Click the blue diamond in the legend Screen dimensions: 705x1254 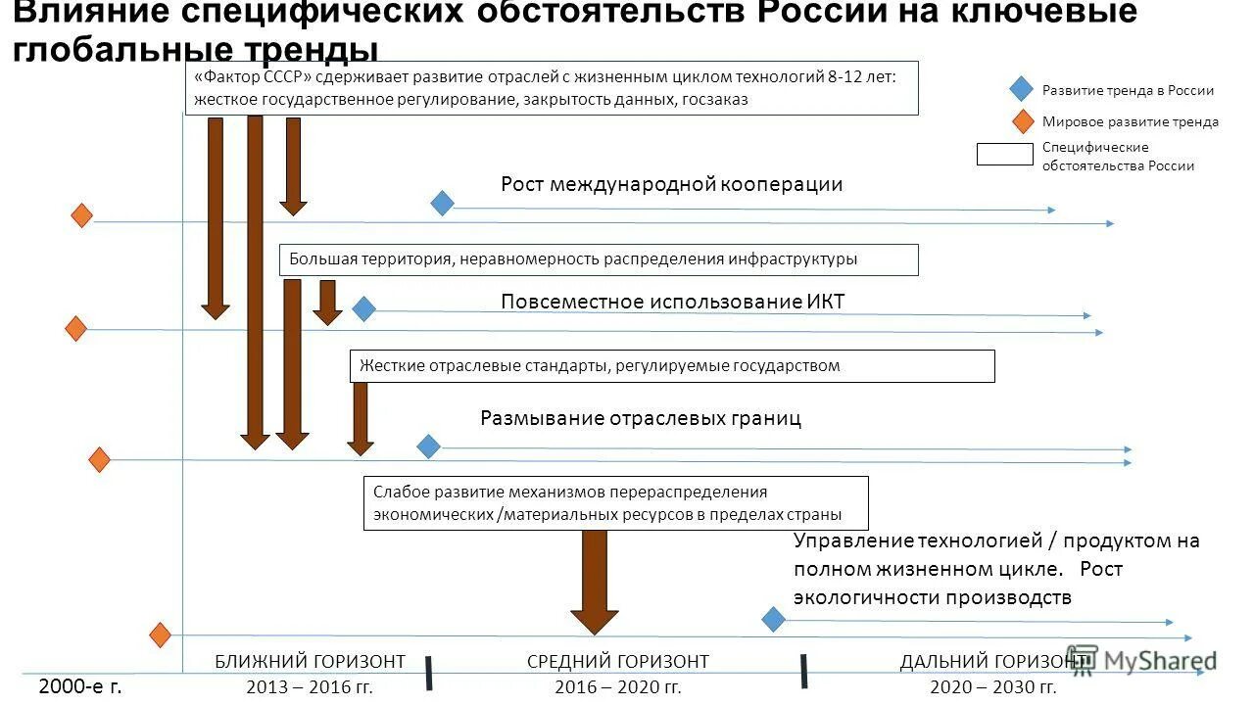[1021, 89]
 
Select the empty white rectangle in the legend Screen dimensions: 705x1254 [1004, 155]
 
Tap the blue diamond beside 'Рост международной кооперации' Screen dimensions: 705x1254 [443, 203]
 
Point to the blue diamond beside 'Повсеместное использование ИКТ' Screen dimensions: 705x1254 [363, 309]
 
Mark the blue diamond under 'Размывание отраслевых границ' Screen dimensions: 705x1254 [428, 446]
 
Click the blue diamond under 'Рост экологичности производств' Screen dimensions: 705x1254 [773, 619]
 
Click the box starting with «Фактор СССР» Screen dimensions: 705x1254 [551, 88]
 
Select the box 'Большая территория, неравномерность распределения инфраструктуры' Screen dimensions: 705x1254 [599, 259]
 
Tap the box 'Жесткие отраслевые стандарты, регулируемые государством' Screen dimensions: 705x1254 [671, 366]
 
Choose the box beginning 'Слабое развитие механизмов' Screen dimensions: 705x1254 [615, 503]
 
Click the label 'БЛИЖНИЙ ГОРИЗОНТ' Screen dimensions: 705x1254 [310, 662]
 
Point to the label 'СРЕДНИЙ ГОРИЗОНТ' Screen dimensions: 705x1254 [617, 662]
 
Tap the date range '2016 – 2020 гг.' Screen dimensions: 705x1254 [617, 686]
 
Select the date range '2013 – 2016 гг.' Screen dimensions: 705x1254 [310, 686]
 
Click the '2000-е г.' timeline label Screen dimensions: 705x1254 [80, 686]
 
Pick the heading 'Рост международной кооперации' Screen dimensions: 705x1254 [671, 184]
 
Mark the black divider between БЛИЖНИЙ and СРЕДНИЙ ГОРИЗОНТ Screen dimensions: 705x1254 [429, 672]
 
